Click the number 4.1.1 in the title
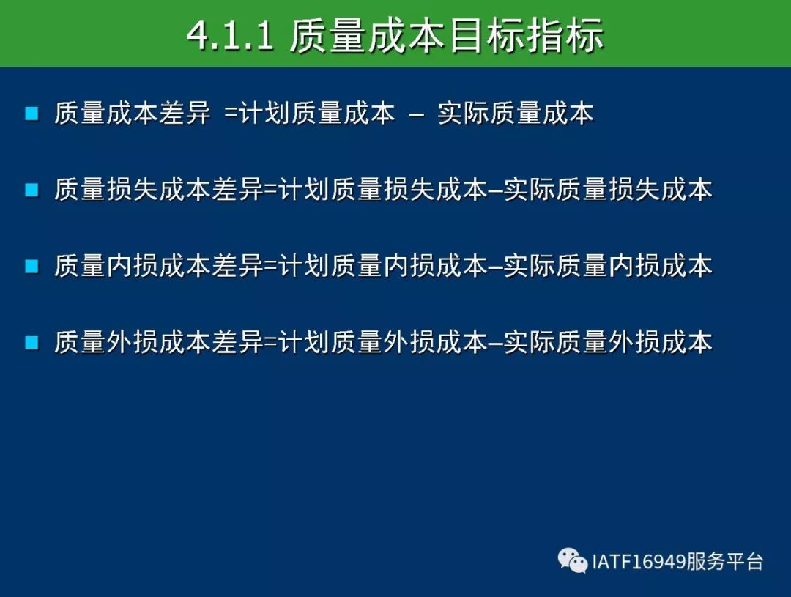tap(231, 36)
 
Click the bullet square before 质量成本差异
tap(31, 113)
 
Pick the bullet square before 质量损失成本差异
tap(31, 190)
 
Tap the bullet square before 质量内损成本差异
tap(31, 266)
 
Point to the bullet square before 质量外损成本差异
tap(31, 343)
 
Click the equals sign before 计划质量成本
tap(231, 114)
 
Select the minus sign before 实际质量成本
tap(417, 115)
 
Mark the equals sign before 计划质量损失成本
tap(272, 190)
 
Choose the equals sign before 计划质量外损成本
tap(272, 343)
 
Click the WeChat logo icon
tap(573, 560)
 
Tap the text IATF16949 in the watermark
tap(638, 561)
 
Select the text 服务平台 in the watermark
tap(724, 561)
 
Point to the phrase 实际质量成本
tap(516, 113)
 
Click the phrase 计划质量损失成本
tap(383, 190)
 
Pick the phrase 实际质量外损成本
tap(608, 343)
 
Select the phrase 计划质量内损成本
tap(383, 266)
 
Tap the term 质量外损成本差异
tap(159, 343)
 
